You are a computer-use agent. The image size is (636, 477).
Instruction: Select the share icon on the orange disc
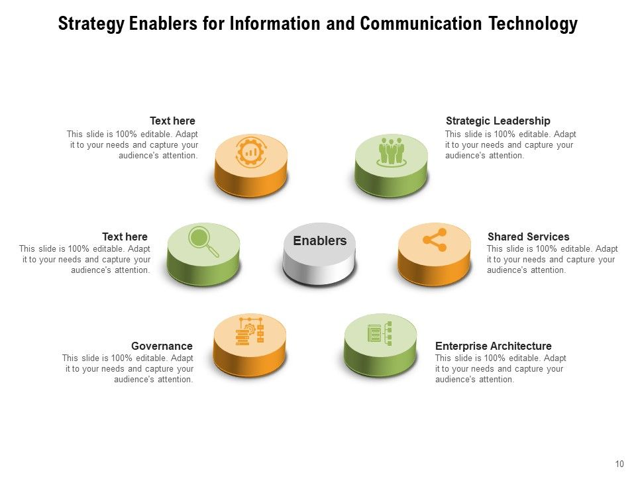point(435,240)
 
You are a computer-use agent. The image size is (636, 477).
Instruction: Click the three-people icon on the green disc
point(391,151)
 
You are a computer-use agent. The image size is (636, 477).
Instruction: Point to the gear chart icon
point(251,152)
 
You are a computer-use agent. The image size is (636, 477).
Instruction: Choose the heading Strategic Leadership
point(498,121)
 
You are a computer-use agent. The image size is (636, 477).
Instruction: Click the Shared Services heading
point(528,237)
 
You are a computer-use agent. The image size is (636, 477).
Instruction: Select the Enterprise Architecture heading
point(493,346)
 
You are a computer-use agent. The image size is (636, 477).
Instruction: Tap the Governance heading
point(162,346)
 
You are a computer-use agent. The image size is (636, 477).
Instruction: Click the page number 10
point(619,464)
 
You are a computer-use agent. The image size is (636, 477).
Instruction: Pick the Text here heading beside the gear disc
point(172,121)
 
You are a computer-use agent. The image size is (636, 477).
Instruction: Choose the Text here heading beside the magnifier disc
point(125,237)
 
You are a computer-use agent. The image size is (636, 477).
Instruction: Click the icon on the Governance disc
point(250,331)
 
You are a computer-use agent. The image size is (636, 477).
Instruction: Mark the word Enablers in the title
point(163,25)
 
